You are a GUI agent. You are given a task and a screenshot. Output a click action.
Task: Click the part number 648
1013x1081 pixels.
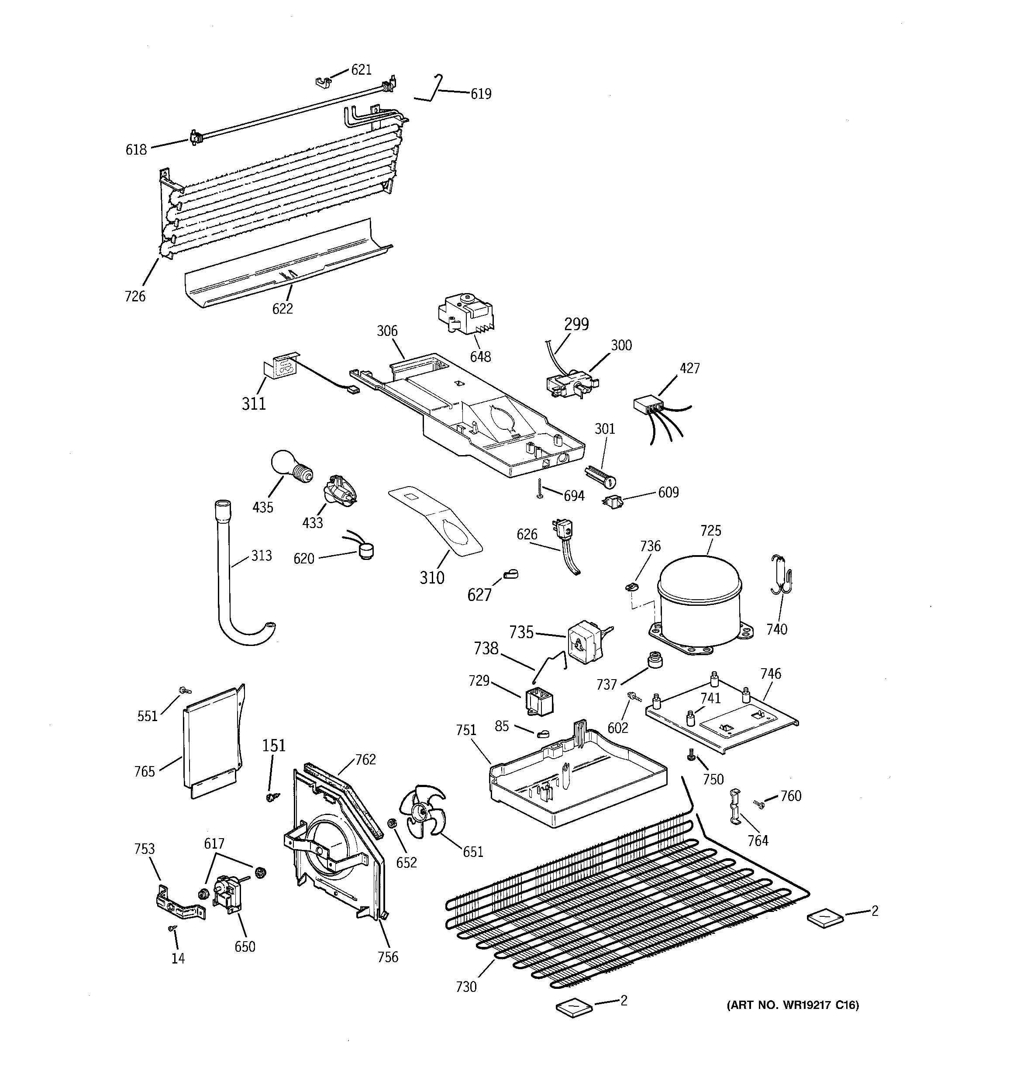coord(480,357)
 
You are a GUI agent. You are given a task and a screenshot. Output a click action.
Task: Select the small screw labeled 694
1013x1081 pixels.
coord(539,488)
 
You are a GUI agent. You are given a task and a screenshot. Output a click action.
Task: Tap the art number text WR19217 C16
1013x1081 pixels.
coord(793,1005)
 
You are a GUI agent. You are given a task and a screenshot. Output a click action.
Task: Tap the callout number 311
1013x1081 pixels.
coord(253,404)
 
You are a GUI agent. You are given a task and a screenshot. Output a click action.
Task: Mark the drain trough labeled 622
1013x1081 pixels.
coord(288,266)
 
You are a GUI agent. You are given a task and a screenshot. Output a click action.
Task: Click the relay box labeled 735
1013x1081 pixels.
coord(583,643)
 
